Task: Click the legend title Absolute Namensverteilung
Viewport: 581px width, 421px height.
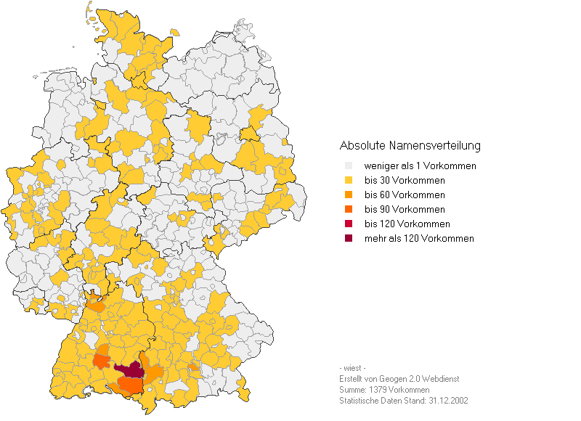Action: [410, 145]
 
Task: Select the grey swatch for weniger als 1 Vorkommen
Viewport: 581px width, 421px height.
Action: [349, 166]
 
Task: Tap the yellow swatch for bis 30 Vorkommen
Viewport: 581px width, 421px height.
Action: [349, 181]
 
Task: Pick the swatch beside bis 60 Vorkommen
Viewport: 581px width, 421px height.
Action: [349, 195]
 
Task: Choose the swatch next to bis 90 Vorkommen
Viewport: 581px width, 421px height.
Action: [349, 210]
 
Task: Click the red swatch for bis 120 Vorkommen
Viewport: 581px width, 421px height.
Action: [349, 224]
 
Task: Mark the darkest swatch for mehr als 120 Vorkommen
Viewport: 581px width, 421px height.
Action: [349, 239]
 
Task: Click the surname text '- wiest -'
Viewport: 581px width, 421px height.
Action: [352, 368]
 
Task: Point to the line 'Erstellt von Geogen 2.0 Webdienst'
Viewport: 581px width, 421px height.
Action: [399, 379]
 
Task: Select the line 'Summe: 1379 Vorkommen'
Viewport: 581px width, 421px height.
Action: [383, 390]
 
